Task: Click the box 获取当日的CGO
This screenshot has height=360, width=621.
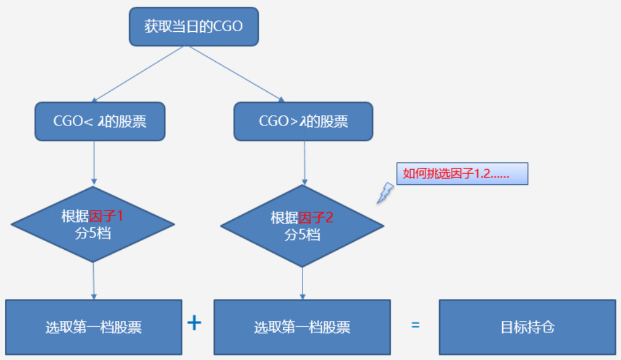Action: click(x=194, y=27)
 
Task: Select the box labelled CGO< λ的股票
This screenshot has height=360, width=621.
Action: click(x=100, y=121)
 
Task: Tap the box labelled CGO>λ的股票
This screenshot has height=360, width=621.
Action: click(x=303, y=121)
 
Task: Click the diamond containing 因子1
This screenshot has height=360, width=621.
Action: click(x=94, y=225)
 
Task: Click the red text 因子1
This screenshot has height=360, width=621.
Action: click(x=110, y=216)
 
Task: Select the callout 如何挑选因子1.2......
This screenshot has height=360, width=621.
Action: click(x=462, y=174)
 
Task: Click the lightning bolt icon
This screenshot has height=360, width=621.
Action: click(x=385, y=192)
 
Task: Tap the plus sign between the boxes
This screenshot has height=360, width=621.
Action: click(x=194, y=323)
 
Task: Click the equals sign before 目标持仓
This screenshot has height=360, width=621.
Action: click(x=415, y=325)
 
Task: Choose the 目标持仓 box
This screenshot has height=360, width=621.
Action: click(x=527, y=327)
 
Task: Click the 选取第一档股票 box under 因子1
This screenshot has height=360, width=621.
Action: click(x=94, y=327)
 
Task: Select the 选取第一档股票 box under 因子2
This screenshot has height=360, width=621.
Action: click(x=302, y=327)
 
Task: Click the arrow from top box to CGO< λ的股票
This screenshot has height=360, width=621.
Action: click(x=138, y=73)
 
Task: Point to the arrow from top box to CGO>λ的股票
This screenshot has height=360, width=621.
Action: click(x=236, y=73)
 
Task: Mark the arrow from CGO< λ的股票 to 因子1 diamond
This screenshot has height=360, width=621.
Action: click(x=94, y=163)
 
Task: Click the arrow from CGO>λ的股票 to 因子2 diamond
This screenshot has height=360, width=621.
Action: click(x=304, y=163)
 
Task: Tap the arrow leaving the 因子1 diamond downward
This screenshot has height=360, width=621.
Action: click(x=94, y=280)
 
